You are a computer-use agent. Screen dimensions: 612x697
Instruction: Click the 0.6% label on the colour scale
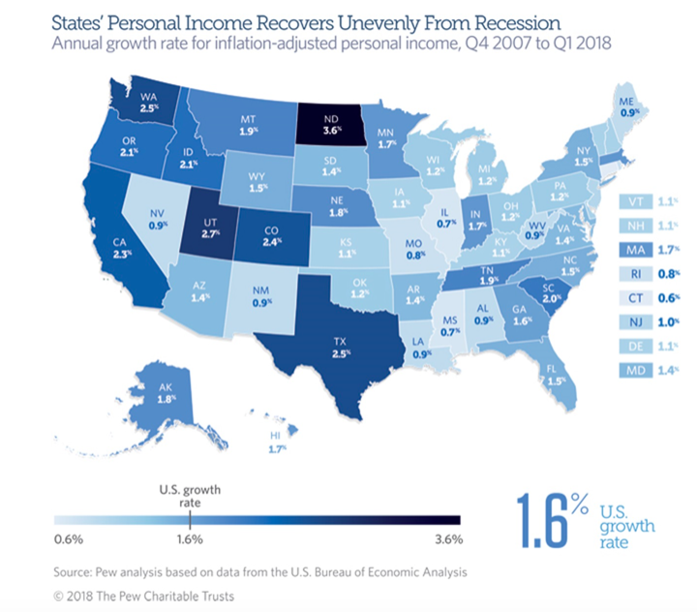[70, 538]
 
